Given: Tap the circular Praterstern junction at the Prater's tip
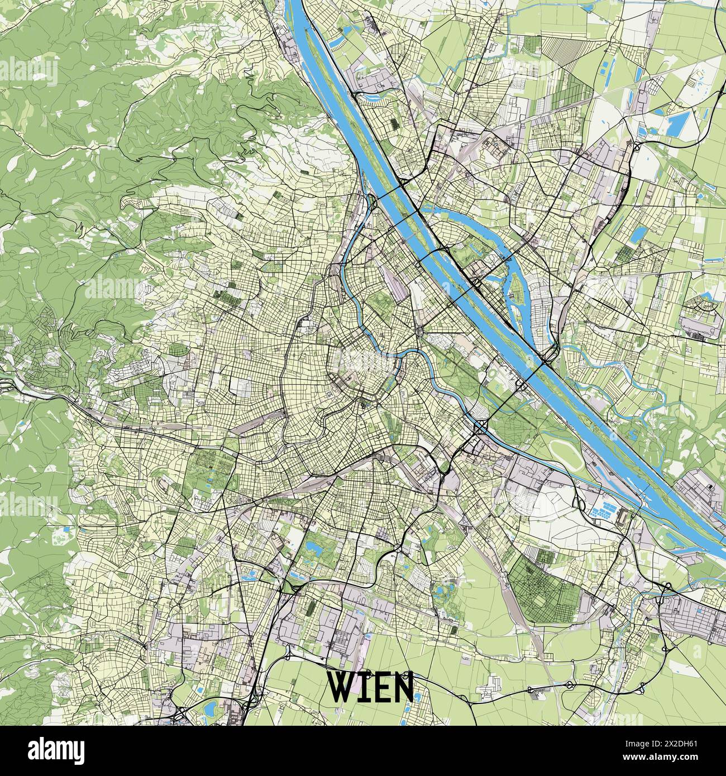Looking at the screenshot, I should click(418, 333).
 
